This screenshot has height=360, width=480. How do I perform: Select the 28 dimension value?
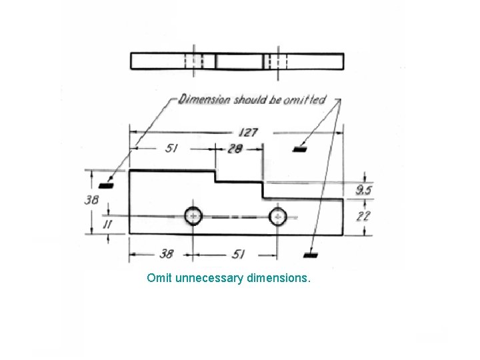click(234, 149)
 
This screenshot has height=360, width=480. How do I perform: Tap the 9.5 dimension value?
click(364, 191)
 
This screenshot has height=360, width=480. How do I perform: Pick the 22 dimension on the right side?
click(364, 217)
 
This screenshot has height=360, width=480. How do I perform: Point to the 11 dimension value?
click(106, 225)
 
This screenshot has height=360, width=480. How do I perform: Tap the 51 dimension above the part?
click(172, 149)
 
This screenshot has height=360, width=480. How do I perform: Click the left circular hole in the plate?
click(193, 216)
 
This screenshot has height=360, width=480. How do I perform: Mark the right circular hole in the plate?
click(277, 216)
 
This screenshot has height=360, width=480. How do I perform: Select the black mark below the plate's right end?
click(309, 254)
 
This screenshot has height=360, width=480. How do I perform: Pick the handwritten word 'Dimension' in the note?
click(206, 100)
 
